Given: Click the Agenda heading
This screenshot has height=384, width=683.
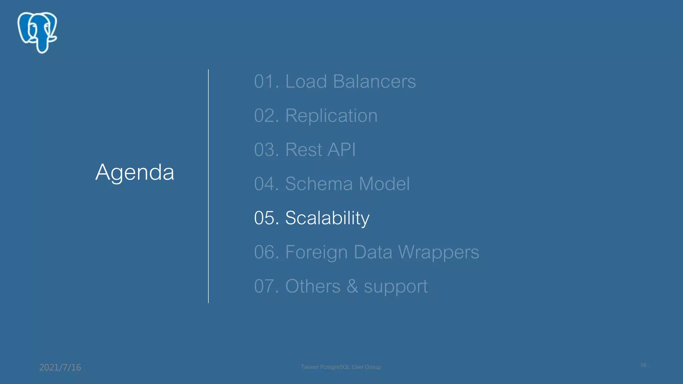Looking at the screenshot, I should tap(135, 172).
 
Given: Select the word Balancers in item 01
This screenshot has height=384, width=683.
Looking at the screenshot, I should tap(374, 81).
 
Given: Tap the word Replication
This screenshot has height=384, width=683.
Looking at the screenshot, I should tap(331, 116).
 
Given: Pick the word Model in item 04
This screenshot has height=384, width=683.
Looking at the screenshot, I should tap(384, 184).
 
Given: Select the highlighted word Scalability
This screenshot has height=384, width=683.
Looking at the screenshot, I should tap(327, 218).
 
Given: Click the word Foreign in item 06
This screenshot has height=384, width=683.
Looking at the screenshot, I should tap(316, 252).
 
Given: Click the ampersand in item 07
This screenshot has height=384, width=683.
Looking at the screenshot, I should tap(352, 286).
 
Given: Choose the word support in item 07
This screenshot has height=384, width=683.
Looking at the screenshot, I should tap(396, 287).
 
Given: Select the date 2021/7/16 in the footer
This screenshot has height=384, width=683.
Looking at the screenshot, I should tap(60, 367).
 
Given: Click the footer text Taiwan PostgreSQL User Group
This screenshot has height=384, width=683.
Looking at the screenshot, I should tap(340, 367).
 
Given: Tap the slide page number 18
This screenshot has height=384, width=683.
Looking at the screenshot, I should tap(643, 365).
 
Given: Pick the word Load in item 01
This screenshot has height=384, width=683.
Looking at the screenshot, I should tap(306, 81).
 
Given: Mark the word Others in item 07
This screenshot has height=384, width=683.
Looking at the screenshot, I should tap(312, 286).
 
